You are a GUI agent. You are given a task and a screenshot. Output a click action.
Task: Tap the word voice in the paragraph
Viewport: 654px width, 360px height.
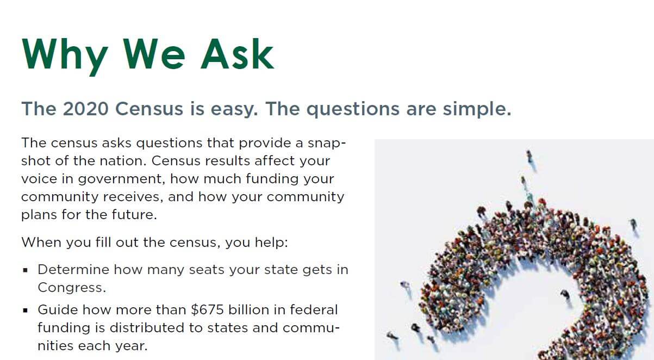click(39, 179)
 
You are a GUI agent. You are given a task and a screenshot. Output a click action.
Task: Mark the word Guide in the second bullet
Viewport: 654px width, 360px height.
click(55, 310)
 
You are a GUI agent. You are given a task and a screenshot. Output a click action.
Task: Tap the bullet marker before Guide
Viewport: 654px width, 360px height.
click(25, 311)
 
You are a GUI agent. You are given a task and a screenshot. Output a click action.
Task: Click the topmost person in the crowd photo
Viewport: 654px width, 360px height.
click(529, 157)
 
